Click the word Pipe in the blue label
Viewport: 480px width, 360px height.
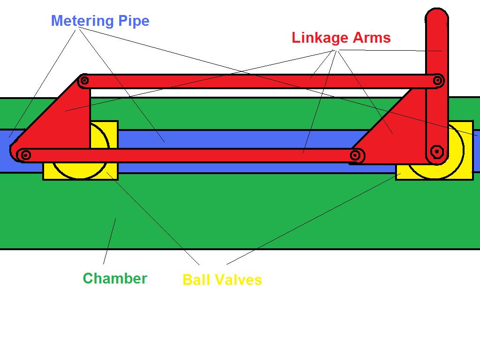[x=133, y=21]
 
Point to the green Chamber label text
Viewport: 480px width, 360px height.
[x=115, y=278]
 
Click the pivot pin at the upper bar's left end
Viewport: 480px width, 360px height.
[x=84, y=81]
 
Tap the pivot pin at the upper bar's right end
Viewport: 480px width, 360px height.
[x=437, y=81]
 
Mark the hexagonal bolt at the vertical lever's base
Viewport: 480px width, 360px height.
[x=437, y=152]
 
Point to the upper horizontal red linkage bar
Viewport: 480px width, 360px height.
[x=258, y=81]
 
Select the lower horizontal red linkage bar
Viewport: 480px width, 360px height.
[x=188, y=155]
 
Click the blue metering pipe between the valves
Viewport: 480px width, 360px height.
[x=235, y=139]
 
